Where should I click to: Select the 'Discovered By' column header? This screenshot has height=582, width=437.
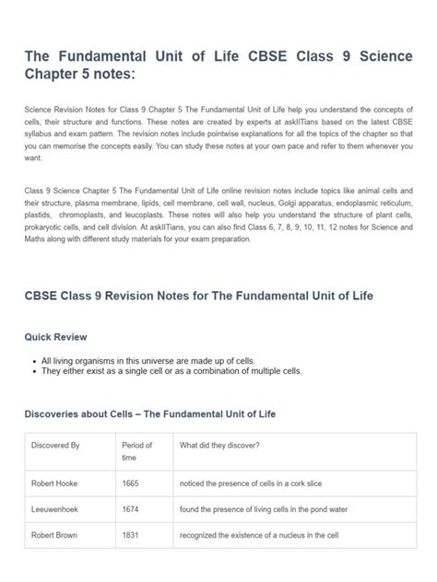coord(56,446)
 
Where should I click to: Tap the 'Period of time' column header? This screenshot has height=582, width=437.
coord(136,451)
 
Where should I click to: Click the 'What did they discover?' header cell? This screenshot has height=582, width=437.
coord(219,446)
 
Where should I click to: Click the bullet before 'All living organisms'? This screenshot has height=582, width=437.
coord(35,360)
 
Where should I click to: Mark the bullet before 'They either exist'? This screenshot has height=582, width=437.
coord(35,370)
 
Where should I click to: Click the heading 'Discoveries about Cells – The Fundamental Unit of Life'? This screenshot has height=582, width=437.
coord(149,414)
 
